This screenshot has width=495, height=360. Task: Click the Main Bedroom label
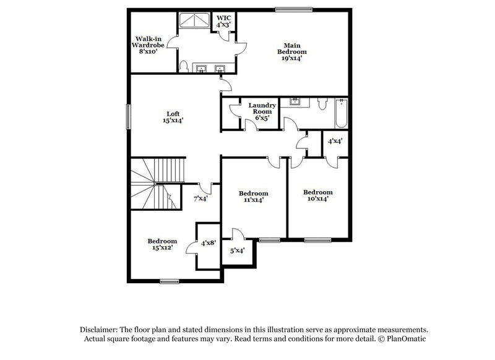[x=292, y=49]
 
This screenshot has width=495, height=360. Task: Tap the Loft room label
[x=173, y=117]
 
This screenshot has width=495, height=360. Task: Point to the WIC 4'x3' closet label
[x=223, y=20]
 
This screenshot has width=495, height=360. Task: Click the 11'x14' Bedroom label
[x=254, y=196]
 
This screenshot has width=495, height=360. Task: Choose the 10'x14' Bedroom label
[x=318, y=195]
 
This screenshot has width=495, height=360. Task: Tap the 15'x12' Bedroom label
[x=162, y=244]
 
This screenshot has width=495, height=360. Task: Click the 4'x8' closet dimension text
[x=208, y=243]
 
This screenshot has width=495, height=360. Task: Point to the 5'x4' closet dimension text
[x=238, y=251]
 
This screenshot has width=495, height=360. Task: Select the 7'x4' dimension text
[x=200, y=199]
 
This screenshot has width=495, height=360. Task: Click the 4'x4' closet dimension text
[x=336, y=140]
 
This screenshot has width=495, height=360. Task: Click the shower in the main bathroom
[x=194, y=23]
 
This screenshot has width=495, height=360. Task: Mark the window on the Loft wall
[x=129, y=116]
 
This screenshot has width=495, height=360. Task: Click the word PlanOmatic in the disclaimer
[x=408, y=340]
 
